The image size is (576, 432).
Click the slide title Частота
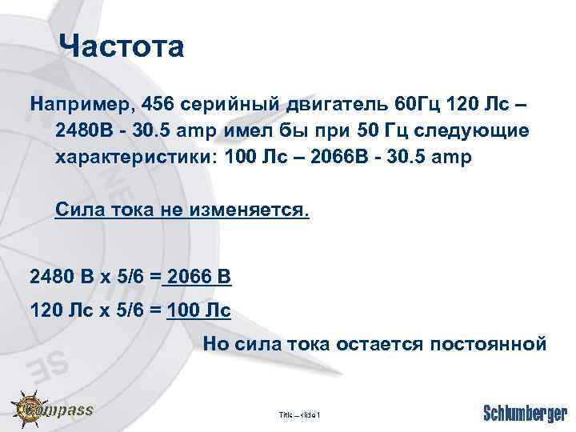[122, 47]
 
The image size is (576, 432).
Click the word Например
[77, 105]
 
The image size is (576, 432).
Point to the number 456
[154, 105]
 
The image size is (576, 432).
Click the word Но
[216, 345]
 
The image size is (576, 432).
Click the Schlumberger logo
[525, 412]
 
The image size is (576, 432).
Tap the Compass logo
[52, 410]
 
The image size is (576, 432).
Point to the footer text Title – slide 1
[298, 414]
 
